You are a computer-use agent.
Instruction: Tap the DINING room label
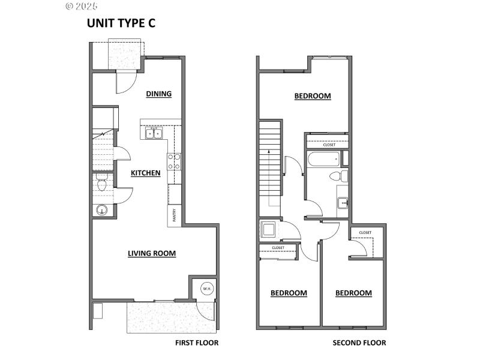(159, 94)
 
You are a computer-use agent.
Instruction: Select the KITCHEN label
(146, 173)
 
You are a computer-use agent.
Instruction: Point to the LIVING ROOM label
(152, 253)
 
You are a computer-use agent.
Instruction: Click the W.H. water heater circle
(206, 289)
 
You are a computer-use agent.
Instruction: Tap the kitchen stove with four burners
(174, 161)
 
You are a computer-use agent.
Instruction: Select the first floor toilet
(101, 185)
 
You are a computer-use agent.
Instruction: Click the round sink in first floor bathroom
(102, 210)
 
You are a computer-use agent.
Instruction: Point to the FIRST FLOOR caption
(197, 343)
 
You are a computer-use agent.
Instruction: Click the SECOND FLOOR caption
(359, 343)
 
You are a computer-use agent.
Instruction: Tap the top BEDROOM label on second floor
(312, 96)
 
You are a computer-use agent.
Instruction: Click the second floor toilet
(340, 176)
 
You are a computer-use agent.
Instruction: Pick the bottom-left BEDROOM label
(289, 293)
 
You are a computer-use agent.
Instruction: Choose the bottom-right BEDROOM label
(353, 293)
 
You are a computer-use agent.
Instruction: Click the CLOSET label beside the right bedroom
(365, 232)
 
